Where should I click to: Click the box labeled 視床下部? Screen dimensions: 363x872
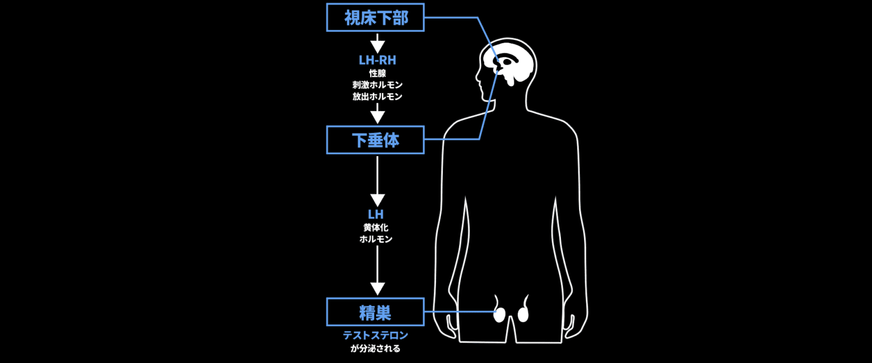(x=375, y=18)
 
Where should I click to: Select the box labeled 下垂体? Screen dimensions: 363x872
(x=375, y=140)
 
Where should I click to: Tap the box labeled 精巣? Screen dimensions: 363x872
(x=375, y=312)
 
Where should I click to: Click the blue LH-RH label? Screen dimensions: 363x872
(x=377, y=61)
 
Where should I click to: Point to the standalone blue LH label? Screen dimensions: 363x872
(x=376, y=214)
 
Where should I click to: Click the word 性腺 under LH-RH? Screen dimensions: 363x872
(x=377, y=73)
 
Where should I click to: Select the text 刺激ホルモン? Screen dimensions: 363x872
(x=377, y=85)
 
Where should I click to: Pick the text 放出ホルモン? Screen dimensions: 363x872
(x=377, y=96)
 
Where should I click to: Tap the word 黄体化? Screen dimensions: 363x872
(x=376, y=227)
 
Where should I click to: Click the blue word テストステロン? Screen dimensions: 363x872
(x=376, y=336)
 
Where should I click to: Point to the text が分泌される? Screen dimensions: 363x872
(x=376, y=348)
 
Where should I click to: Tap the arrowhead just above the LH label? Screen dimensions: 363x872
(x=377, y=200)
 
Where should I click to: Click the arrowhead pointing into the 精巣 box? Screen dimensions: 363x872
(x=377, y=288)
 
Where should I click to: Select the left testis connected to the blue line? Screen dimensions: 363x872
(x=500, y=314)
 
